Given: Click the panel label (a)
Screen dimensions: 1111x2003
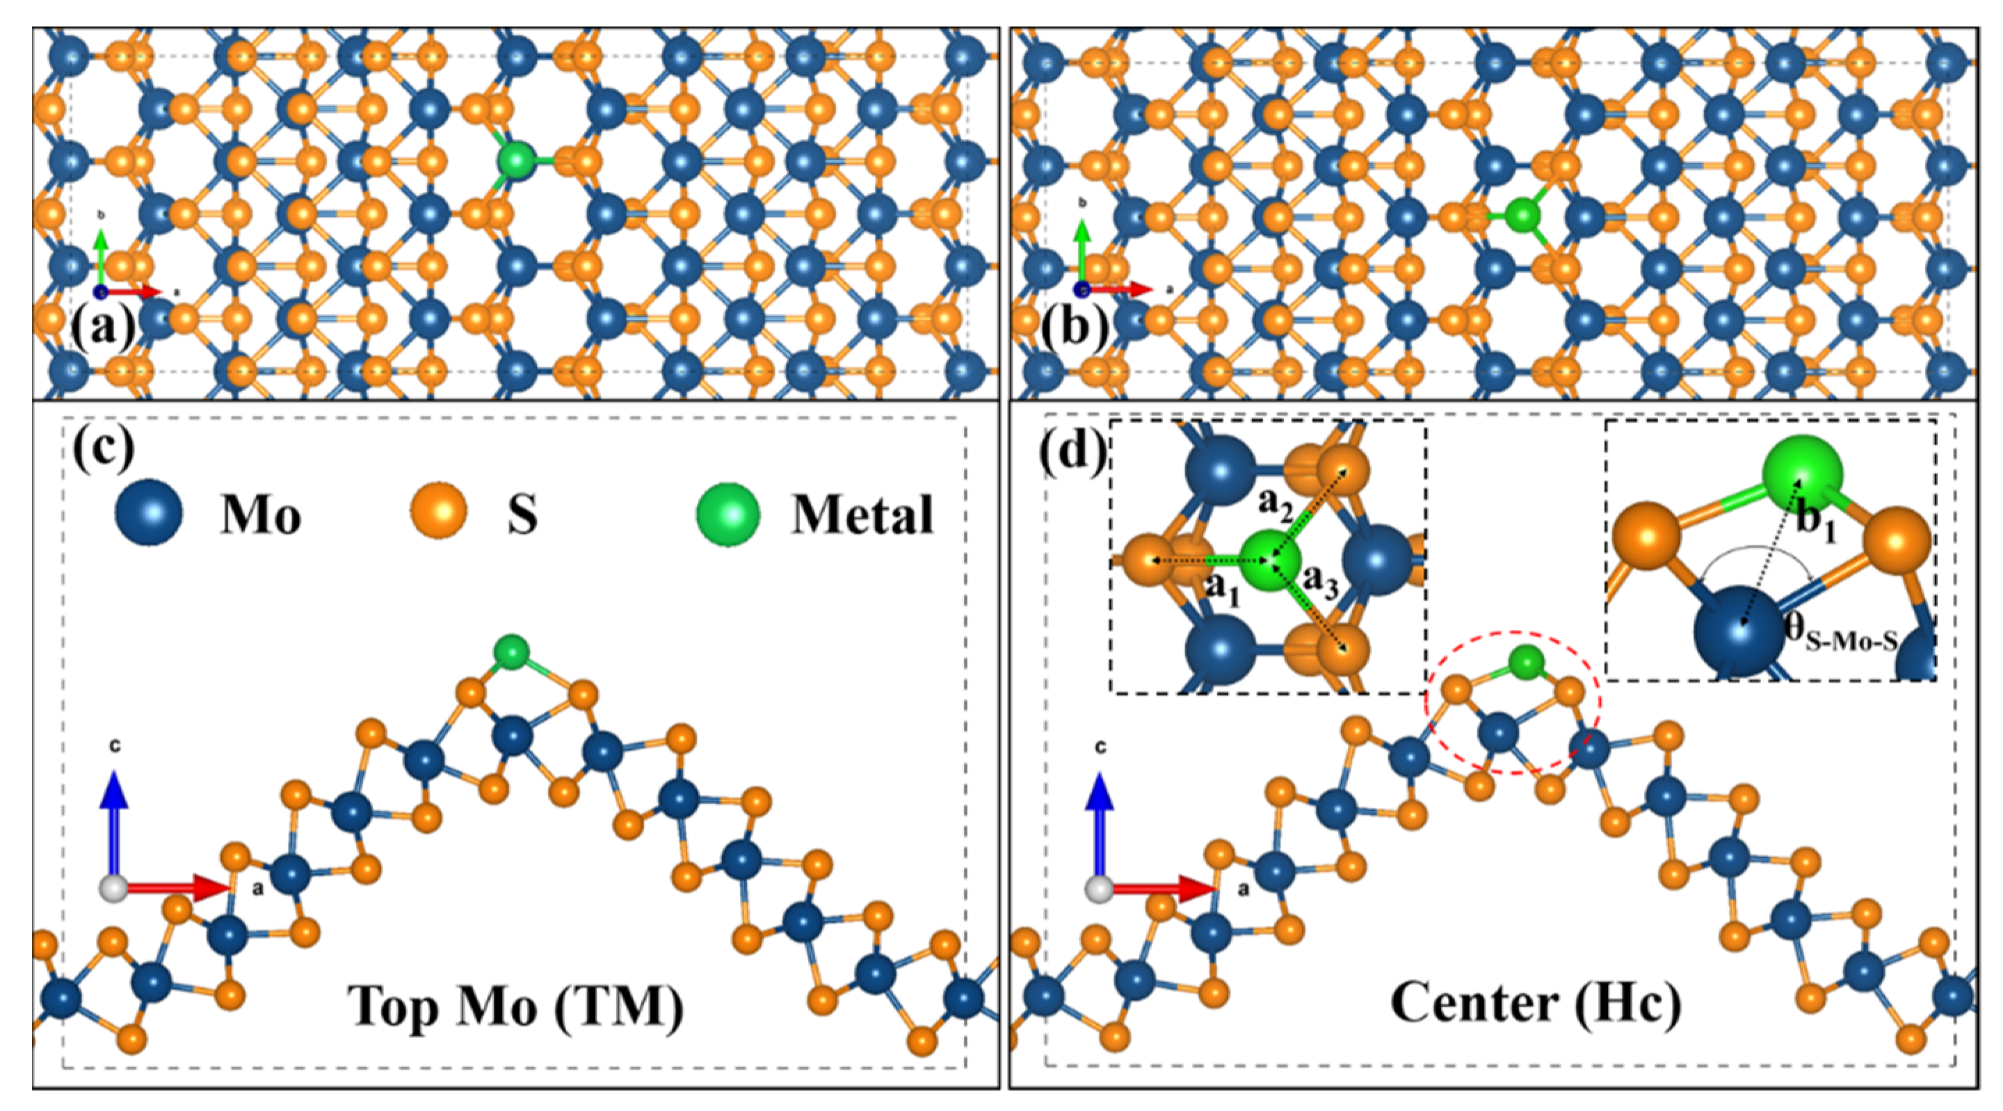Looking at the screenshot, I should point(104,327).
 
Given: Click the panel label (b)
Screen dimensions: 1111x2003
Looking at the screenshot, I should point(1075,327).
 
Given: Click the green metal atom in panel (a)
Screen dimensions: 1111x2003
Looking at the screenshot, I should point(516,161).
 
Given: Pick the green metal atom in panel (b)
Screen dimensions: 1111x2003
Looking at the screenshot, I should point(1522,216).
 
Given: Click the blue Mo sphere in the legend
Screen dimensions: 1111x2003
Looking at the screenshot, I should point(149,513).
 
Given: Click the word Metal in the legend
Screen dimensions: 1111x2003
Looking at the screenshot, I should point(862,514).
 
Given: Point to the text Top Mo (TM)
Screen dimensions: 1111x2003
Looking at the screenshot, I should point(515,1005).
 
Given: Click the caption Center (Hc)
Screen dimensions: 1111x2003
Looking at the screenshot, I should point(1536,1003).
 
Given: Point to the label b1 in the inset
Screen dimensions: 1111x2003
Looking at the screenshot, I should point(1816,519).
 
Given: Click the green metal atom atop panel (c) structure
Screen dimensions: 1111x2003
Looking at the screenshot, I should point(512,651).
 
